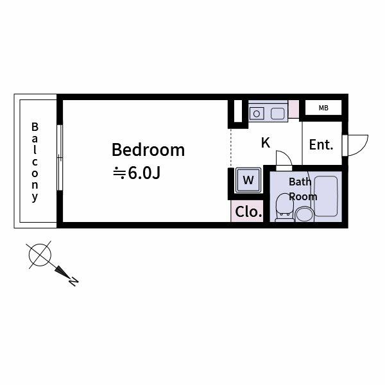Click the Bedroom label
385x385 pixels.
pos(148,150)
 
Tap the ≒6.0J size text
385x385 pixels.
pos(137,173)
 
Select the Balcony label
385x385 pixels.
pos(35,162)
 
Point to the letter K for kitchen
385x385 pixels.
pos(265,143)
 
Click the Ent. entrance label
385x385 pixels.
pos(321,145)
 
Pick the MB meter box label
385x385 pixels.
pos(323,108)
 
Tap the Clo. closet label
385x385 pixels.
pos(248,212)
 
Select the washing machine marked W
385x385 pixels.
pos(248,179)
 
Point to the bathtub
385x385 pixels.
pos(325,196)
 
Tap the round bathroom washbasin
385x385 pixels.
pos(304,213)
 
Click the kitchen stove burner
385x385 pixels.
pos(257,114)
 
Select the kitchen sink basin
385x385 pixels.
pos(277,114)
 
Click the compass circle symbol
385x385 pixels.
pos(40,255)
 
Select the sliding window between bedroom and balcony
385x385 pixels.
pos(59,157)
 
